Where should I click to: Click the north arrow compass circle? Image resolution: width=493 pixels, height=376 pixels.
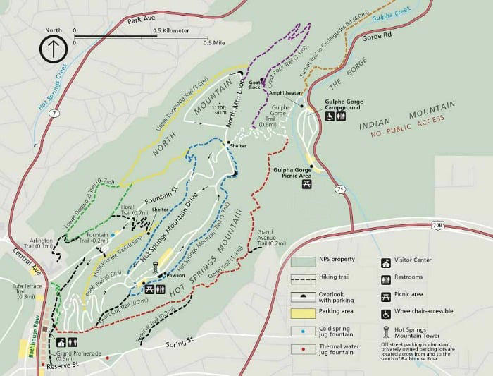53,49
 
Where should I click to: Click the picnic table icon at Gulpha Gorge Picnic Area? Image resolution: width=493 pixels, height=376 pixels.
307,184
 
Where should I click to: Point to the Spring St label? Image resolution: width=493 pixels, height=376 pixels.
179,345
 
